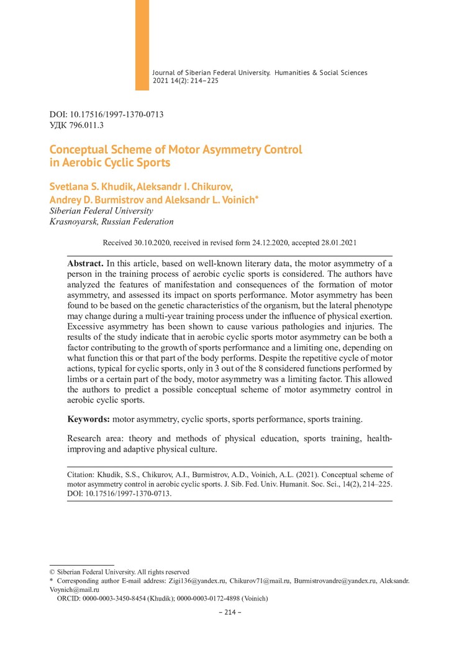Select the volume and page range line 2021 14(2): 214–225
185,81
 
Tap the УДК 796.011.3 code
76,125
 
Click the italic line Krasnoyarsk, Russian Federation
111,221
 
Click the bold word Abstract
86,264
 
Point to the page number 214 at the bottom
235,612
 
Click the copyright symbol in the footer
52,572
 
